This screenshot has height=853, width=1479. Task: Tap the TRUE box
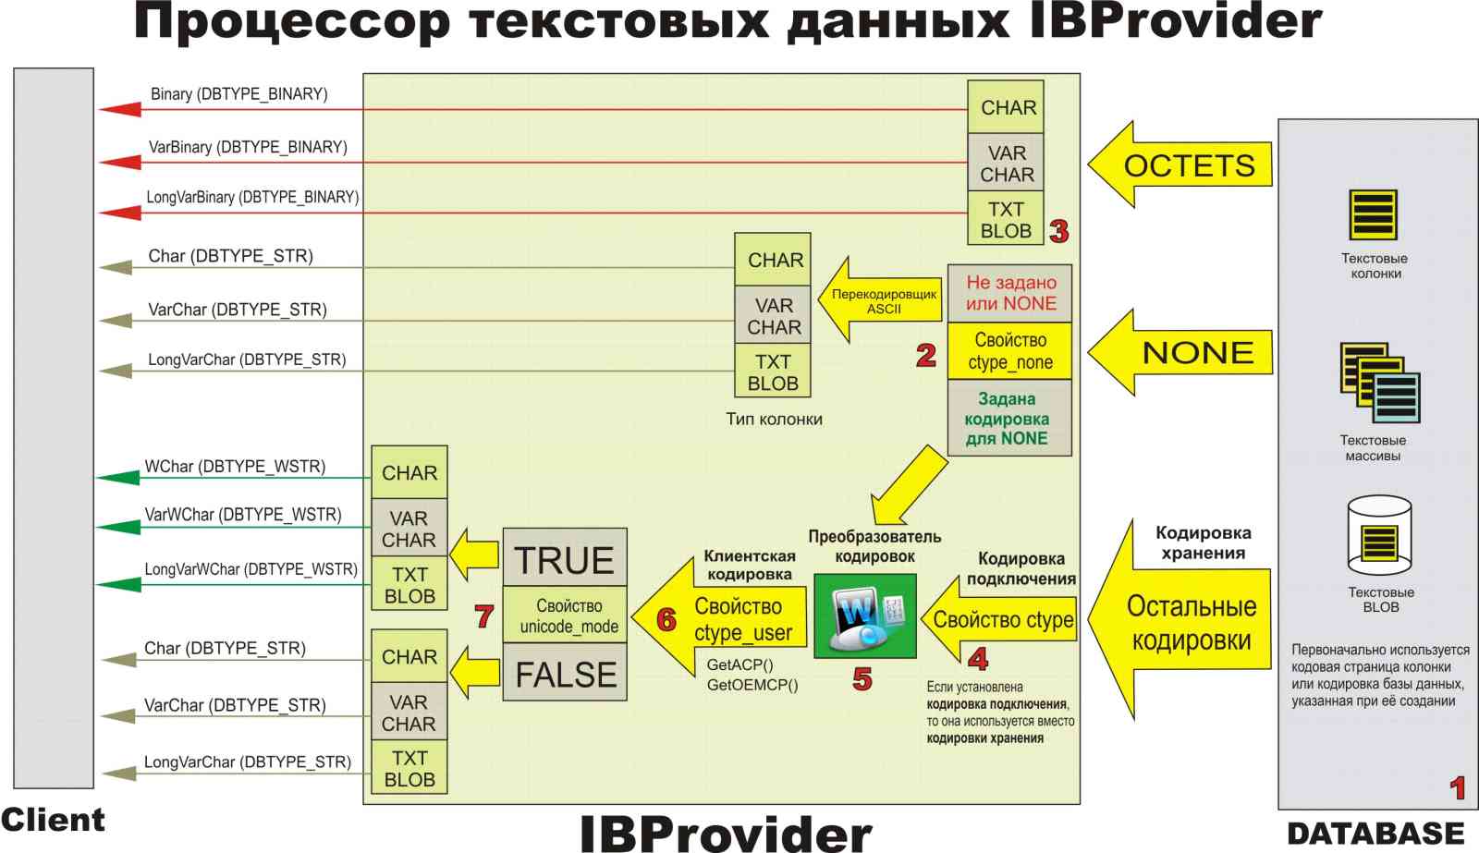(x=564, y=558)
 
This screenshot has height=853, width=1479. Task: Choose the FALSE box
(x=565, y=674)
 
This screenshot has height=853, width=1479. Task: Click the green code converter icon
(x=864, y=615)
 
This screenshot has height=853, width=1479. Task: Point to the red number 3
(x=1059, y=230)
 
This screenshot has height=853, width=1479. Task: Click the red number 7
(x=483, y=615)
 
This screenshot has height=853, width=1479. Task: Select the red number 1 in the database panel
(x=1458, y=787)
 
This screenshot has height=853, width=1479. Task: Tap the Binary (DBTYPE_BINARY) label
(x=238, y=94)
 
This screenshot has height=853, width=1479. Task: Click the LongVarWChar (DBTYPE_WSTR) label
(x=251, y=569)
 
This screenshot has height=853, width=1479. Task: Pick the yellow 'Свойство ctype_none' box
(x=1009, y=351)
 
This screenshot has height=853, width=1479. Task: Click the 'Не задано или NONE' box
(x=1009, y=293)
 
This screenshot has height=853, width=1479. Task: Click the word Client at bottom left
(x=53, y=820)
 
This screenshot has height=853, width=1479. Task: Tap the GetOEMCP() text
(x=752, y=685)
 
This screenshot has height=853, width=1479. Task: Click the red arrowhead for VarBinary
(x=120, y=163)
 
